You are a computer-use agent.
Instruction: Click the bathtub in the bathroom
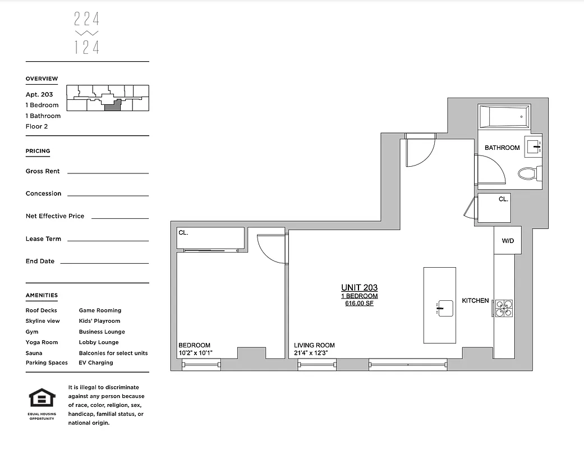point(504,117)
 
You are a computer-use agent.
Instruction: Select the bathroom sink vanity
point(534,145)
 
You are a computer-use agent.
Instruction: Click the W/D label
point(508,241)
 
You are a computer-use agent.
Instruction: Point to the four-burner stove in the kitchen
point(503,309)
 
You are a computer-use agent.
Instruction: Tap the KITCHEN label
point(475,301)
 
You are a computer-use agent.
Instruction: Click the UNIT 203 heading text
point(359,288)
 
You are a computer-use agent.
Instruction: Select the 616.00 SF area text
point(359,304)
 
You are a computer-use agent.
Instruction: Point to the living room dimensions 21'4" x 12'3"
point(315,354)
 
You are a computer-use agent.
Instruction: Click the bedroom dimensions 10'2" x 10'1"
point(195,354)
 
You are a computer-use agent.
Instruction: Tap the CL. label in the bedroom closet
point(183,232)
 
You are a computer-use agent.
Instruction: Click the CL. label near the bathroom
point(503,199)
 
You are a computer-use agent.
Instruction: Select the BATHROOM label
point(502,148)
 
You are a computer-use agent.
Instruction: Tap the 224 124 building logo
point(87,34)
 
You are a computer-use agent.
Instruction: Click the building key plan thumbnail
point(107,98)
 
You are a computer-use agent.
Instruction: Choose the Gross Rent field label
point(43,171)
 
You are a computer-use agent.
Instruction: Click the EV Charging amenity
point(96,363)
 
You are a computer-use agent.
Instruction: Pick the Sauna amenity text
point(34,353)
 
